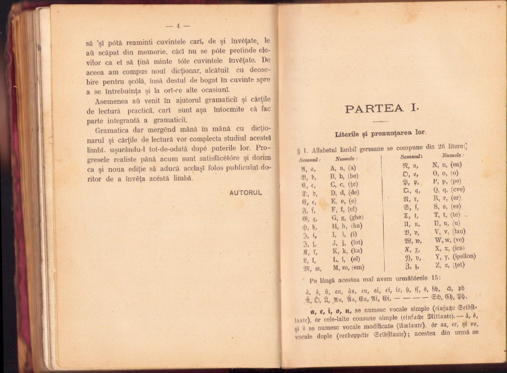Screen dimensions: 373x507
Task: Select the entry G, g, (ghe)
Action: pyautogui.click(x=347, y=217)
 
